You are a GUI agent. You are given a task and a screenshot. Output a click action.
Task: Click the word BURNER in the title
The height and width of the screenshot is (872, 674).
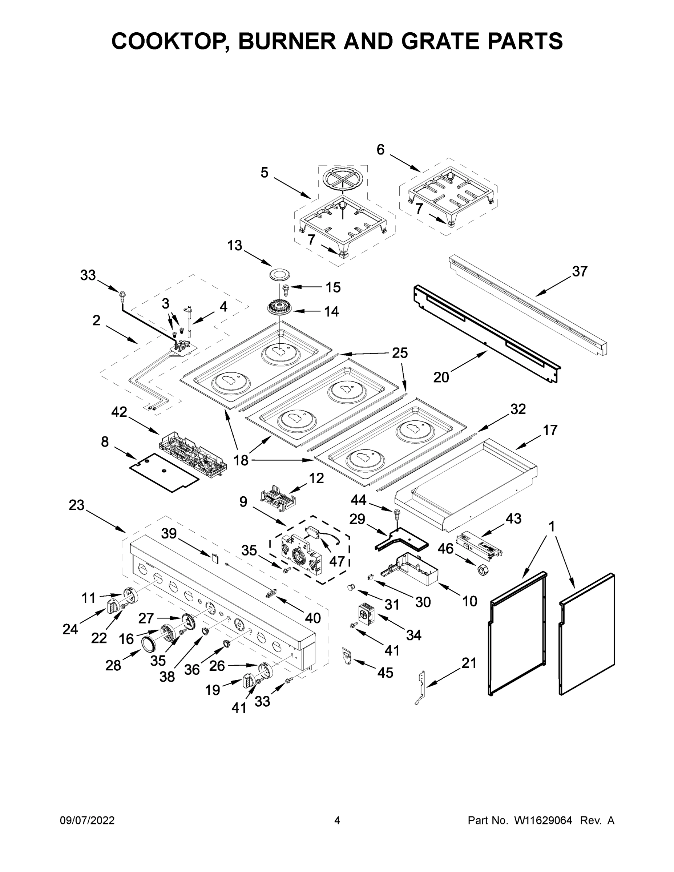tap(287, 41)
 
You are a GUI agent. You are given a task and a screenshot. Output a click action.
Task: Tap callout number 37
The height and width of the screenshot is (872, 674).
tap(580, 271)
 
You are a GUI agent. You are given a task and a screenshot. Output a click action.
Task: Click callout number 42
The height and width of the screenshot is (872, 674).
tap(119, 412)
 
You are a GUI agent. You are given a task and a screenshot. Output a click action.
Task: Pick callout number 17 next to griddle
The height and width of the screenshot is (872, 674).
tap(549, 431)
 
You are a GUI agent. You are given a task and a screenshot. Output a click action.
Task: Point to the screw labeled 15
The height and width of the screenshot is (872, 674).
tap(286, 287)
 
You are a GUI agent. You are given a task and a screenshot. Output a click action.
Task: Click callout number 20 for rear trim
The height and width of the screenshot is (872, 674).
tap(441, 377)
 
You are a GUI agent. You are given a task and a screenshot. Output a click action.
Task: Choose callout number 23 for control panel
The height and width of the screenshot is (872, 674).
tap(76, 505)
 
